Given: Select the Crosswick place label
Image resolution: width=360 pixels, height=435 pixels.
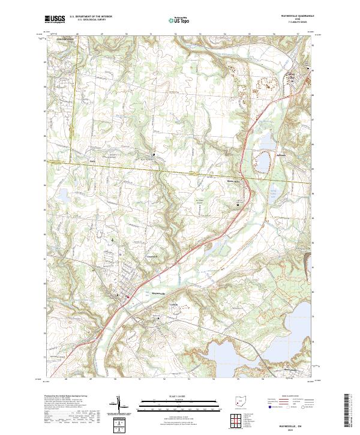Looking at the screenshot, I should pos(153,257).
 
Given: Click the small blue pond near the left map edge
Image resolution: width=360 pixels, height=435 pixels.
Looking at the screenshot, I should pos(62,194).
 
